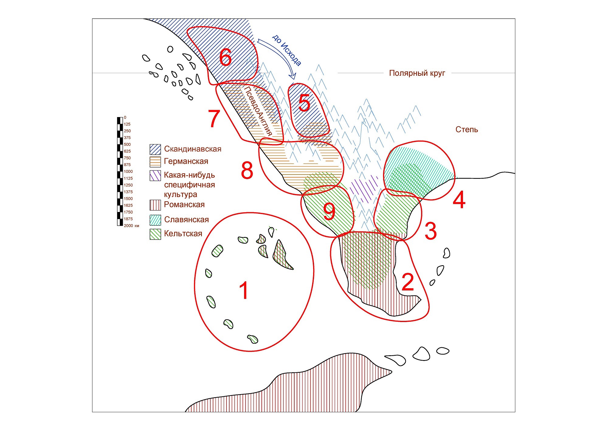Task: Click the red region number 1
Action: point(244,290)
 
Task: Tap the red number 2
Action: point(408,282)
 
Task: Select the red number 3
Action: point(430,231)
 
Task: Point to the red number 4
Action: point(459,200)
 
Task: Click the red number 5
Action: point(304,103)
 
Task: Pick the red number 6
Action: point(225,57)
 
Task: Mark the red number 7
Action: point(214,119)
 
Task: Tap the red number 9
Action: point(329,211)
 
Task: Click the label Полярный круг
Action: point(417,73)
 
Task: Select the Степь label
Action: point(466,130)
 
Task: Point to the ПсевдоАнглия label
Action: point(258,111)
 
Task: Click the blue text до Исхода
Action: point(287,50)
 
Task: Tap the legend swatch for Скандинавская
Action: point(155,149)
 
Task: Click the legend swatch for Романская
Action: point(155,205)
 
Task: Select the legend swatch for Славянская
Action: point(155,220)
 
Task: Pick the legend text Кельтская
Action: point(183,234)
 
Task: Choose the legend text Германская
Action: point(186,161)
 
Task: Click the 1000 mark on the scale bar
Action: point(128,172)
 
